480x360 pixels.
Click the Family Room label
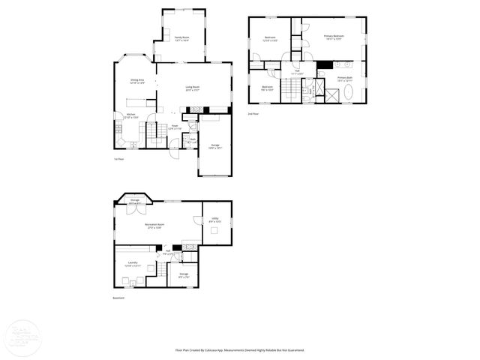[181, 38]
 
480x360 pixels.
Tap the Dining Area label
[136, 81]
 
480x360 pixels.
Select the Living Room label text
[193, 88]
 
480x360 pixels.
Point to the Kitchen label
[120, 115]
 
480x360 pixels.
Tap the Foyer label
[174, 126]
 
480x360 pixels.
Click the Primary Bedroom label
[334, 37]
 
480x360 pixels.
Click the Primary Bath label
[344, 79]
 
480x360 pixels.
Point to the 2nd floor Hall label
[297, 73]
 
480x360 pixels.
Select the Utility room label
[214, 219]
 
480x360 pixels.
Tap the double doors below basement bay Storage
[134, 209]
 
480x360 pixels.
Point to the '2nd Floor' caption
[253, 113]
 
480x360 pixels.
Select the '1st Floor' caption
[118, 159]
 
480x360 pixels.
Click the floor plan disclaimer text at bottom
[239, 349]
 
